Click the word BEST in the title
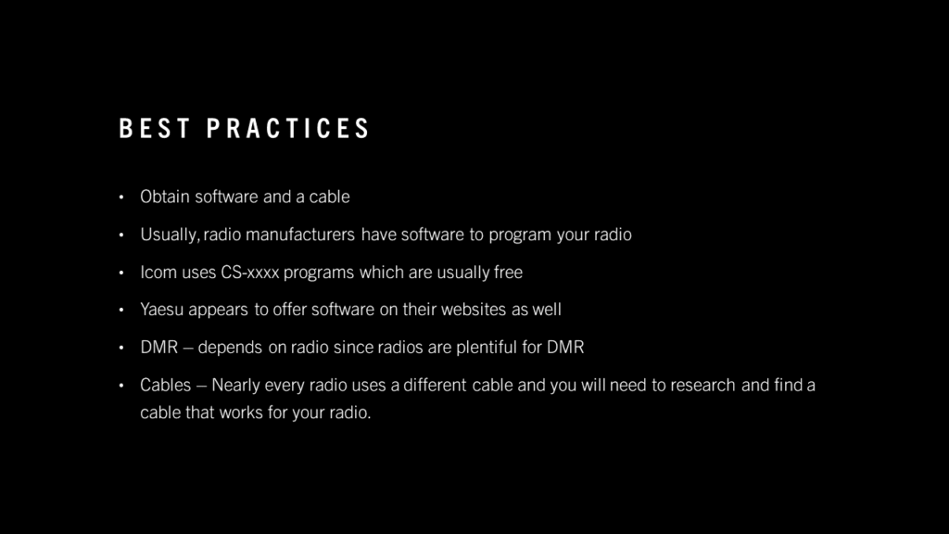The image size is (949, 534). point(155,128)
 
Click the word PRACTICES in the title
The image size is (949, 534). point(287,128)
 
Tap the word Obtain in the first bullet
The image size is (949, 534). point(165,197)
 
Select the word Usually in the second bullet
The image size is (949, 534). point(169,235)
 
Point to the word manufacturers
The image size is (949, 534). point(300,235)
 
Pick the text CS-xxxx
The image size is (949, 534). point(250,272)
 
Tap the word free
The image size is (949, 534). point(508,272)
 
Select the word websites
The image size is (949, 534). point(474,310)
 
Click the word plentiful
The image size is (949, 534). point(487,348)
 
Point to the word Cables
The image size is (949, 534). point(165,385)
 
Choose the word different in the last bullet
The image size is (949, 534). point(436,385)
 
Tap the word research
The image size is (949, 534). point(702,385)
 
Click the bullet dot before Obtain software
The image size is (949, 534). point(121,197)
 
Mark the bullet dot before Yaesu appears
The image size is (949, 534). point(121,310)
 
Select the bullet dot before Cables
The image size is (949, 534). point(121,385)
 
